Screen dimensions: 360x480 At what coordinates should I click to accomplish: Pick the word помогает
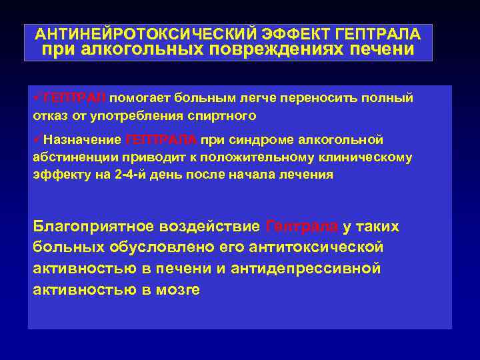[x=139, y=98]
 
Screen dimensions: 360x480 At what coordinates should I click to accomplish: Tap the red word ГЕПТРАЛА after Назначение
[x=161, y=139]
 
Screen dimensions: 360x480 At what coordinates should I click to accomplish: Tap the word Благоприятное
[x=97, y=227]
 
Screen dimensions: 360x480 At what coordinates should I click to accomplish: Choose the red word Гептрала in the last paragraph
[x=301, y=227]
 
